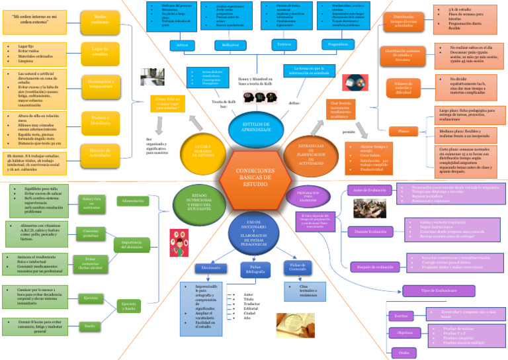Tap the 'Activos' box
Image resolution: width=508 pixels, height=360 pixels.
tap(181, 45)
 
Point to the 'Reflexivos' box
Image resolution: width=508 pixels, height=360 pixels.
tap(230, 45)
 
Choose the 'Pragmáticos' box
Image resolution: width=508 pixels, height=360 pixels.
tap(333, 45)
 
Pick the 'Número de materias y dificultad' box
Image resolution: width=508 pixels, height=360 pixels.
tap(403, 87)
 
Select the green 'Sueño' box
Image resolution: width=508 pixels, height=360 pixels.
tap(91, 326)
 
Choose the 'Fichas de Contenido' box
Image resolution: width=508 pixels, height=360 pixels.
tap(296, 267)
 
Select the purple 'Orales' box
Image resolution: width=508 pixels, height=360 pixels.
tap(403, 352)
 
